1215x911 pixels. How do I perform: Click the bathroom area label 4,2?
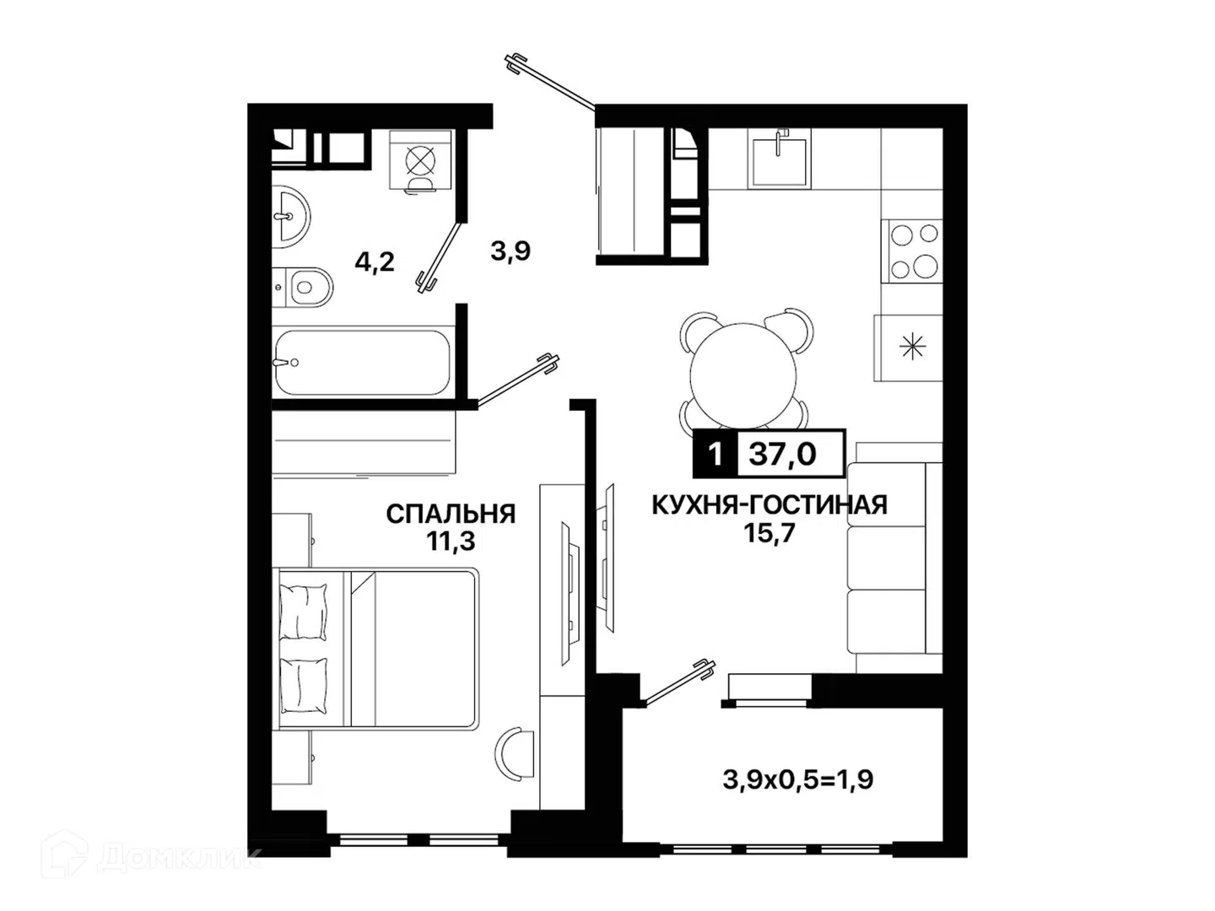click(375, 261)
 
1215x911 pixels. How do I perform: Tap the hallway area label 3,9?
click(510, 251)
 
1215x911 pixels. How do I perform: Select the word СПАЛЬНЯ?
click(451, 514)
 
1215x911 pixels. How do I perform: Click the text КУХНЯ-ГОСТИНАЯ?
click(769, 505)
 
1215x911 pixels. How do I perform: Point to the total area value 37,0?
click(783, 454)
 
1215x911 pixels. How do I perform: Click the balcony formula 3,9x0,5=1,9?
click(798, 780)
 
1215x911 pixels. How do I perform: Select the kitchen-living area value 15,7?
click(769, 532)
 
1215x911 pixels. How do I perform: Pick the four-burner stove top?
click(911, 251)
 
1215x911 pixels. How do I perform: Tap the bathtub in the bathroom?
click(363, 363)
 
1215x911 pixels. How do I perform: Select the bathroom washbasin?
click(291, 216)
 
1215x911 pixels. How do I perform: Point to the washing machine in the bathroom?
click(421, 160)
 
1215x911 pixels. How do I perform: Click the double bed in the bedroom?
click(375, 649)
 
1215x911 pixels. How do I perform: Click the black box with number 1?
click(715, 454)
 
